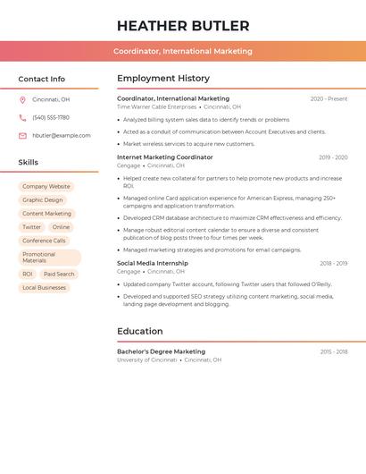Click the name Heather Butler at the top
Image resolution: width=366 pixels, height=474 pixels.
(x=183, y=26)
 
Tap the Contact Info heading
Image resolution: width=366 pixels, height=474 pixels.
(x=41, y=79)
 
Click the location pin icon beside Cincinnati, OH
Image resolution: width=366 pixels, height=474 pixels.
(x=22, y=99)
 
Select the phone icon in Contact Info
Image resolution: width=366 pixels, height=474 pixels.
(x=22, y=117)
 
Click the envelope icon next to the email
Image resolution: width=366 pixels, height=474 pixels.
(x=22, y=135)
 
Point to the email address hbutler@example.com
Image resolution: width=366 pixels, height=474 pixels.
(x=62, y=135)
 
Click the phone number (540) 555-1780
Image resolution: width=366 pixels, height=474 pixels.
(x=51, y=117)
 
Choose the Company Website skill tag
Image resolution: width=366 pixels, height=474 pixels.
(x=46, y=187)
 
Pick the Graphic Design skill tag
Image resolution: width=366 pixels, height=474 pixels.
(x=43, y=200)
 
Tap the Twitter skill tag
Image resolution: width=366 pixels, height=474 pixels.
(x=31, y=227)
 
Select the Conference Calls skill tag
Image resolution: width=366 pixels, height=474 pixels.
(x=44, y=241)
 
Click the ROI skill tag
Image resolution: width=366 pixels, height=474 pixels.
(x=28, y=274)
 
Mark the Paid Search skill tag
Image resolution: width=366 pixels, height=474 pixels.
(x=59, y=274)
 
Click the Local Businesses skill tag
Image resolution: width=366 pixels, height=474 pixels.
(x=44, y=288)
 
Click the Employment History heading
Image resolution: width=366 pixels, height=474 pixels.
(x=163, y=79)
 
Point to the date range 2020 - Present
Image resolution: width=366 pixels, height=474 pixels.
(x=329, y=98)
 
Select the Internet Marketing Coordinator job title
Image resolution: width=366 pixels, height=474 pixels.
(x=165, y=157)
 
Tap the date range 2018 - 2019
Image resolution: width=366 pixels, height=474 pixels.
(x=333, y=264)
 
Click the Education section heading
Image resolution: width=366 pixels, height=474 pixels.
(x=140, y=331)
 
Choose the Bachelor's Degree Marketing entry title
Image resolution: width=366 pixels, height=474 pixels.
(x=161, y=351)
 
